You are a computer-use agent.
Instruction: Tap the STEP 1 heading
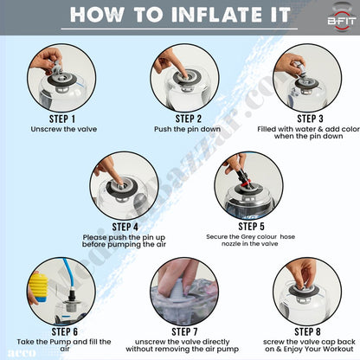[x=62, y=119]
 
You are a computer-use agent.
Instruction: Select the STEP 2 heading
[x=189, y=119]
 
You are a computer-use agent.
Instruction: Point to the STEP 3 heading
[x=310, y=119]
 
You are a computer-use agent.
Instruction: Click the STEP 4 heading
[x=125, y=227]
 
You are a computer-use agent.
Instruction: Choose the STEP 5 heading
[x=251, y=227]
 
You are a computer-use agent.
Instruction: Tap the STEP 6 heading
[x=65, y=331]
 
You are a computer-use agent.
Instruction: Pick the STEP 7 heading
[x=184, y=331]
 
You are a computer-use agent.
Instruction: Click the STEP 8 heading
[x=307, y=331]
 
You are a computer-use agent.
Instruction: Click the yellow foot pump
[x=38, y=287]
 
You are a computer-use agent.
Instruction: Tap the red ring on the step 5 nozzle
[x=244, y=183]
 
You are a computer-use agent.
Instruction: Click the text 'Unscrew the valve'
[x=64, y=129]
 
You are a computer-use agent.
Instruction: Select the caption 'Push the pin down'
[x=187, y=129]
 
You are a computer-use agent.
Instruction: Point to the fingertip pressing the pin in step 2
[x=184, y=75]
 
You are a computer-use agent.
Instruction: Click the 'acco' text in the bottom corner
[x=22, y=353]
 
